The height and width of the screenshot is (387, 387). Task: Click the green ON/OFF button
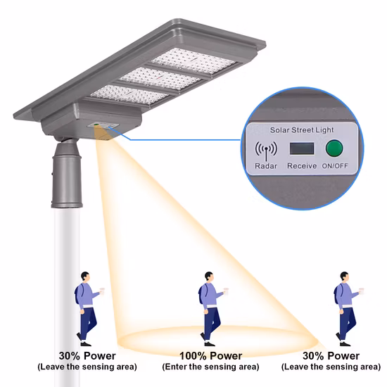coord(333,149)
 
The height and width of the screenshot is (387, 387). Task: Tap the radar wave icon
coord(266,150)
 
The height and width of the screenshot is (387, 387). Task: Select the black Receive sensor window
coord(300,149)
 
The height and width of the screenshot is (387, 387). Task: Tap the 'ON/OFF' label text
coord(334,166)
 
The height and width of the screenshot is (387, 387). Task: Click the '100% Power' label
coord(211,356)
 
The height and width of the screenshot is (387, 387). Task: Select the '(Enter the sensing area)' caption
coord(210,367)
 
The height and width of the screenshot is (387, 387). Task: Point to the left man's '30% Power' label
coord(87,356)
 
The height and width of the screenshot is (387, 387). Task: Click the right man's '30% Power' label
coord(331,356)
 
